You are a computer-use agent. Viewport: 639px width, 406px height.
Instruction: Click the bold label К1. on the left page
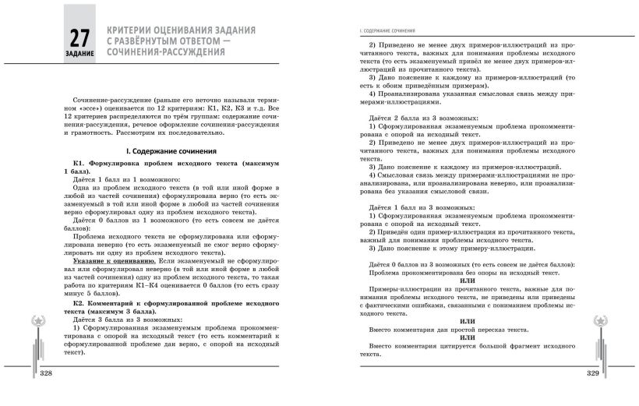coord(78,164)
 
